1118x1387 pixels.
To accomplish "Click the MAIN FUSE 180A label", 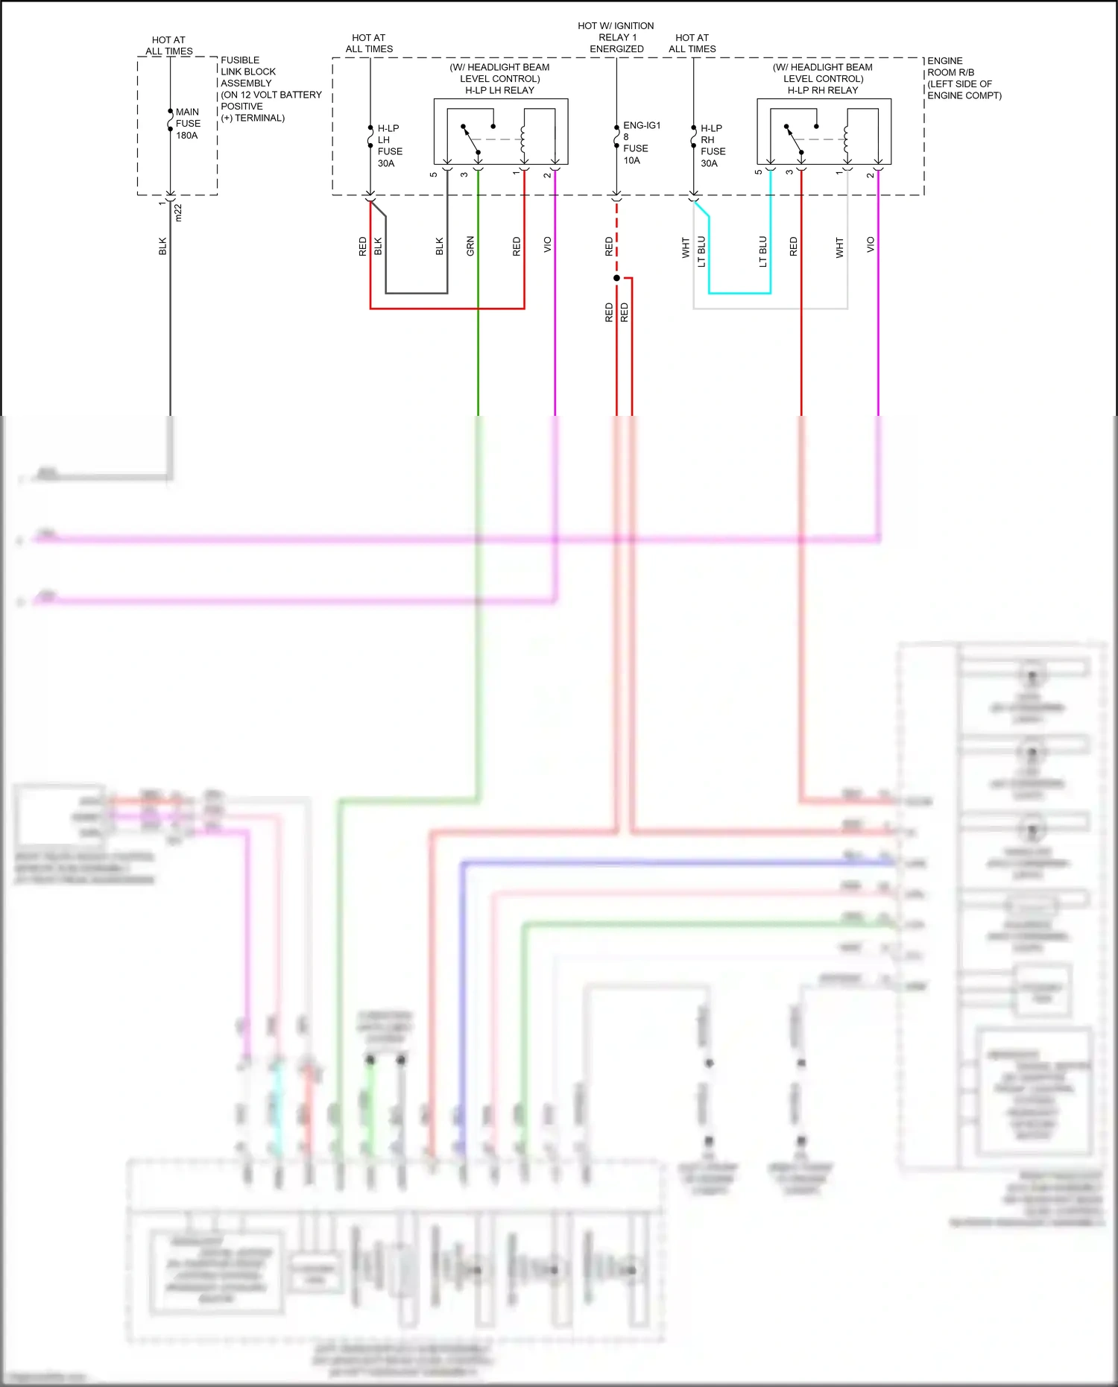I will point(187,124).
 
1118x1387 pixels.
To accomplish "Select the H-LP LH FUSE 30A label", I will point(389,146).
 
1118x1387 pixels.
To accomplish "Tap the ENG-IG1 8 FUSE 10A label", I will point(641,143).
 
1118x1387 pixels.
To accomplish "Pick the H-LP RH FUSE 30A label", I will point(713,146).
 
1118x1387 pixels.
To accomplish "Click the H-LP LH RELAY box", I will point(501,132).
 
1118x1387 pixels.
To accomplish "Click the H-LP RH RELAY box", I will point(824,132).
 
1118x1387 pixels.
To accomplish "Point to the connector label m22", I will point(178,213).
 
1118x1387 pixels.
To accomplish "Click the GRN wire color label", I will point(470,246).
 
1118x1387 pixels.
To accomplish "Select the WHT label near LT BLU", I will point(686,247).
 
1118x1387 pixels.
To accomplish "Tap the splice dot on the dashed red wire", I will point(616,278).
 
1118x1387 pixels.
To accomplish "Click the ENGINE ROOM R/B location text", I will point(963,78).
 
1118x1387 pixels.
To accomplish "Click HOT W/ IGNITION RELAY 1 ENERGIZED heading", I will point(616,37).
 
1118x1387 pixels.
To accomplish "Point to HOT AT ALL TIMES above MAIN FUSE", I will point(169,45).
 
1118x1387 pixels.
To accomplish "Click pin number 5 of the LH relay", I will point(433,174).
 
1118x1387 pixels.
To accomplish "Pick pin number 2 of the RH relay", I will point(870,174).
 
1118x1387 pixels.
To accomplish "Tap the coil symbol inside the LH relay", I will point(523,139).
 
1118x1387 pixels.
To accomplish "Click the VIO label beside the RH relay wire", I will point(870,244).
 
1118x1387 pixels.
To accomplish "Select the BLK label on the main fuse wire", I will point(162,247).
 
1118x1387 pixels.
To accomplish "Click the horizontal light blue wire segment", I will point(739,294).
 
